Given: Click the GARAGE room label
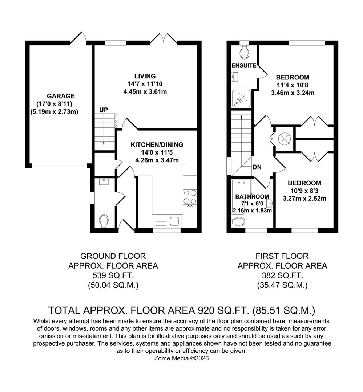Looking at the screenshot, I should (x=61, y=96).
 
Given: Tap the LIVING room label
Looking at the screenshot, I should (x=145, y=76).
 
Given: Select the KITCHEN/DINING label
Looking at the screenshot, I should (x=157, y=145).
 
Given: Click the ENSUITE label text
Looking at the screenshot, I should (x=244, y=66).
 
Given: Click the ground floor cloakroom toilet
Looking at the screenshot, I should (x=104, y=221).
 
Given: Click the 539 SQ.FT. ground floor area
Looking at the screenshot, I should (x=113, y=275).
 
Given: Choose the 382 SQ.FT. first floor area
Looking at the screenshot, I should (x=282, y=275).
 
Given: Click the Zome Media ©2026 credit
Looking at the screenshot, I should (x=182, y=358).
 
